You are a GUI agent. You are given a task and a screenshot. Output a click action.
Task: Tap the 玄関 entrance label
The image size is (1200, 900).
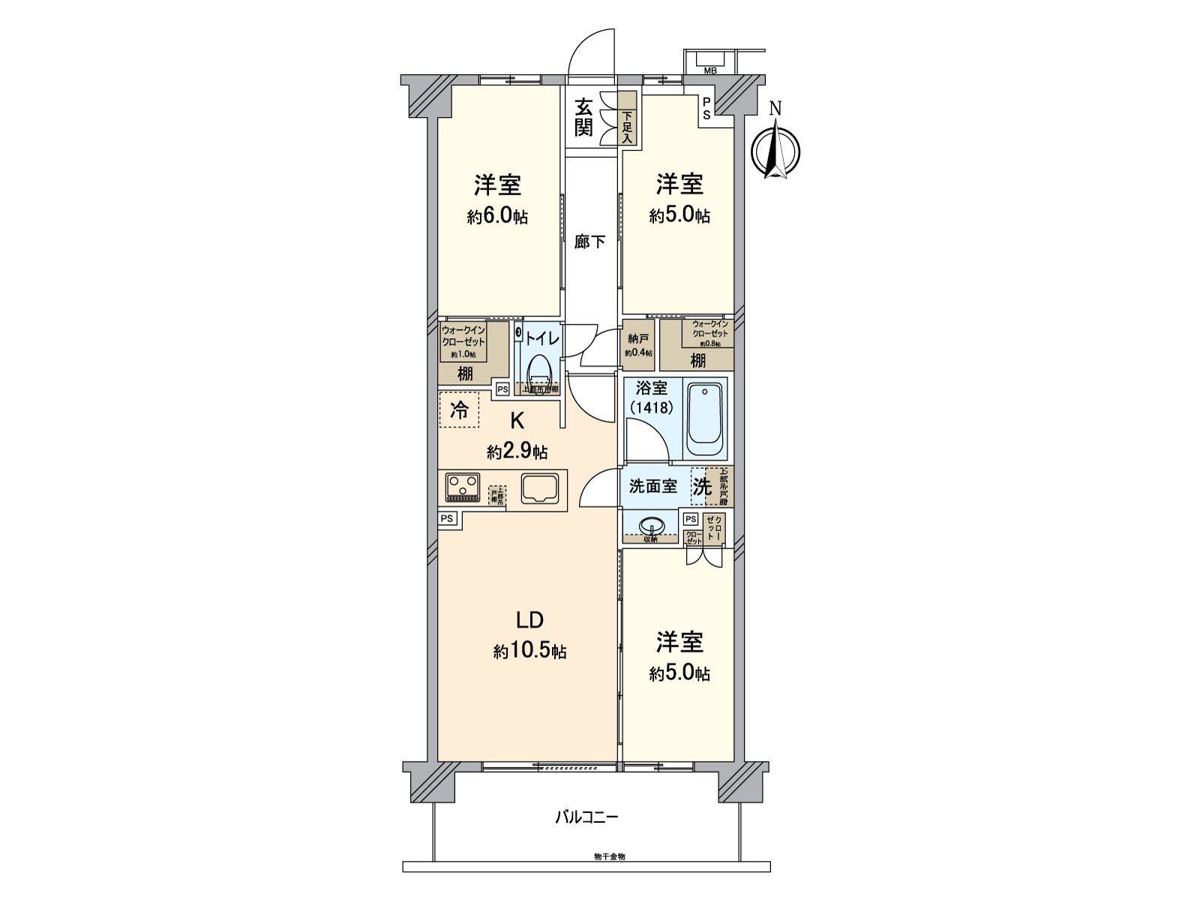tap(583, 118)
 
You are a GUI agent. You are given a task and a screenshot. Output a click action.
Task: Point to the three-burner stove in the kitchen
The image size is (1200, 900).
tap(462, 487)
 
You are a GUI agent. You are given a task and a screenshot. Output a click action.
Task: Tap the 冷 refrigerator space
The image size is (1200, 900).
tap(459, 409)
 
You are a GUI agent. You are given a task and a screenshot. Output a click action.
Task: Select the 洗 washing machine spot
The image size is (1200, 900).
tap(701, 486)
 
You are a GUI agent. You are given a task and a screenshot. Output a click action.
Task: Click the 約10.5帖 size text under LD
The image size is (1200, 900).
tap(529, 651)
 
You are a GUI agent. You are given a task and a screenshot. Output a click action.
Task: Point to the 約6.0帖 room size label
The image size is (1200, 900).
tap(497, 217)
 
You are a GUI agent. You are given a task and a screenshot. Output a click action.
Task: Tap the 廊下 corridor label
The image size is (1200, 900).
tap(589, 241)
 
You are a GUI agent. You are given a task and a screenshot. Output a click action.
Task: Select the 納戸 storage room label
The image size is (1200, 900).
tap(638, 339)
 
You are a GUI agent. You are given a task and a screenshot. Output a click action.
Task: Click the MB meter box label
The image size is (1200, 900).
tap(709, 70)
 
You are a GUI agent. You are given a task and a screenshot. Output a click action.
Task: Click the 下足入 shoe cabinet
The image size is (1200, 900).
tap(627, 118)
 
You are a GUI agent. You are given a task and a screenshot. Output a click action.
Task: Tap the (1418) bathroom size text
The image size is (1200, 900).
tap(651, 407)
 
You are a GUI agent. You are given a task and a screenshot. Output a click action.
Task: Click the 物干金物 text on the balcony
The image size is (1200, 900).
tap(609, 856)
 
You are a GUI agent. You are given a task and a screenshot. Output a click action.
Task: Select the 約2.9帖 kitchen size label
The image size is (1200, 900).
tap(517, 451)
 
